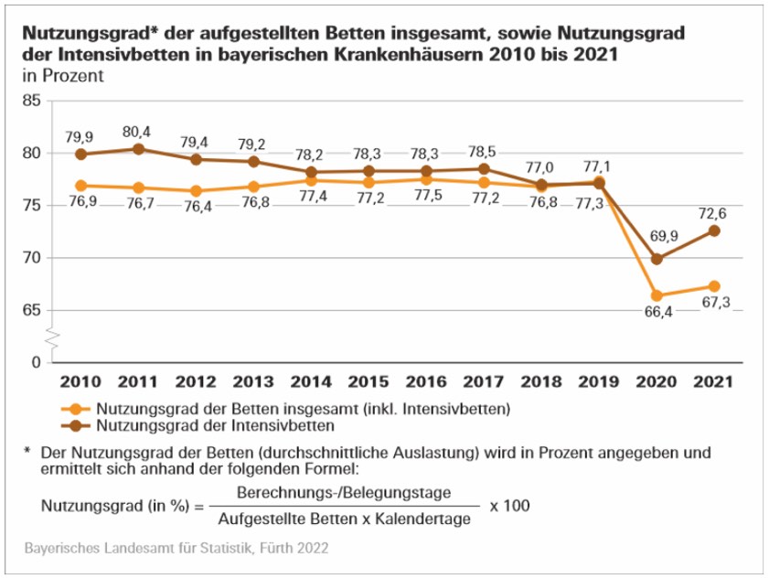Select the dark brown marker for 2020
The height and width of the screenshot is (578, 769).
coord(657,259)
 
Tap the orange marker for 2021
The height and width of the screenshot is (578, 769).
coord(714,286)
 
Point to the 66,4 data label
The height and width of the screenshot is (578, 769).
coord(657,316)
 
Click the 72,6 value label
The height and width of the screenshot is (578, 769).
coord(714,212)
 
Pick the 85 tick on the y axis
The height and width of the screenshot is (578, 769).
coord(30,101)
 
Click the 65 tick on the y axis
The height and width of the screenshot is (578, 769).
coord(30,310)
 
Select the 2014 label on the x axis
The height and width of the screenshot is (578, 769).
coord(311,382)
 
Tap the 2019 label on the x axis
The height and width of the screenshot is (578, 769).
coord(599,382)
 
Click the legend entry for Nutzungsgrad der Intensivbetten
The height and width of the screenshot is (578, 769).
coord(212,425)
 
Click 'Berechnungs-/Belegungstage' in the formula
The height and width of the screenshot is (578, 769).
coord(343,492)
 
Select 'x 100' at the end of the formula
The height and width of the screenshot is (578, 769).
coord(509,505)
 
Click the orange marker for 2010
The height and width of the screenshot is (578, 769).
coord(80,186)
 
